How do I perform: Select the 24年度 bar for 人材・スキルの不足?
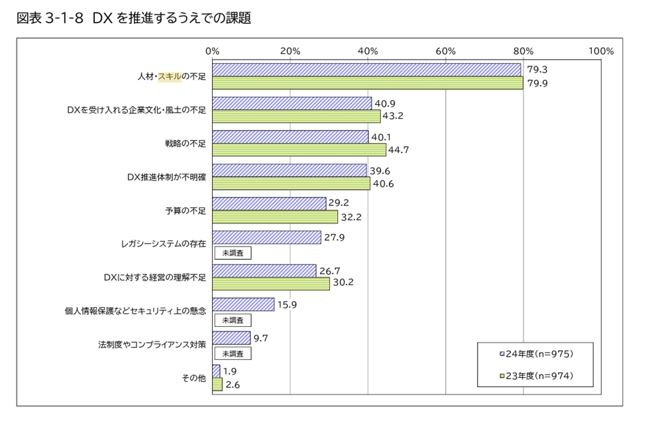coord(366,70)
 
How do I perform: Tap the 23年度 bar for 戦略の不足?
coord(299,150)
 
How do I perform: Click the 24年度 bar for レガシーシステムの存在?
coord(266,237)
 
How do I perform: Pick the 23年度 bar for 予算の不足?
coord(275,217)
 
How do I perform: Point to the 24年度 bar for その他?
coord(216,371)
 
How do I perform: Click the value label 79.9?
coord(537,83)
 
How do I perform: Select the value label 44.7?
coord(399,150)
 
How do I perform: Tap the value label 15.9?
coord(288,304)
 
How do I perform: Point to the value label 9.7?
coord(260,338)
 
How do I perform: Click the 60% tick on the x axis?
coord(446,51)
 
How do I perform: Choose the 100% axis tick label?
coord(600,51)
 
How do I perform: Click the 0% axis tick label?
coord(213,51)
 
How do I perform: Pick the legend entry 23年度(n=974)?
coord(535,377)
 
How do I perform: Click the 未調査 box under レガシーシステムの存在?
coord(232,253)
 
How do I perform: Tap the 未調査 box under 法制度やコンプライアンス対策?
coord(232,353)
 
